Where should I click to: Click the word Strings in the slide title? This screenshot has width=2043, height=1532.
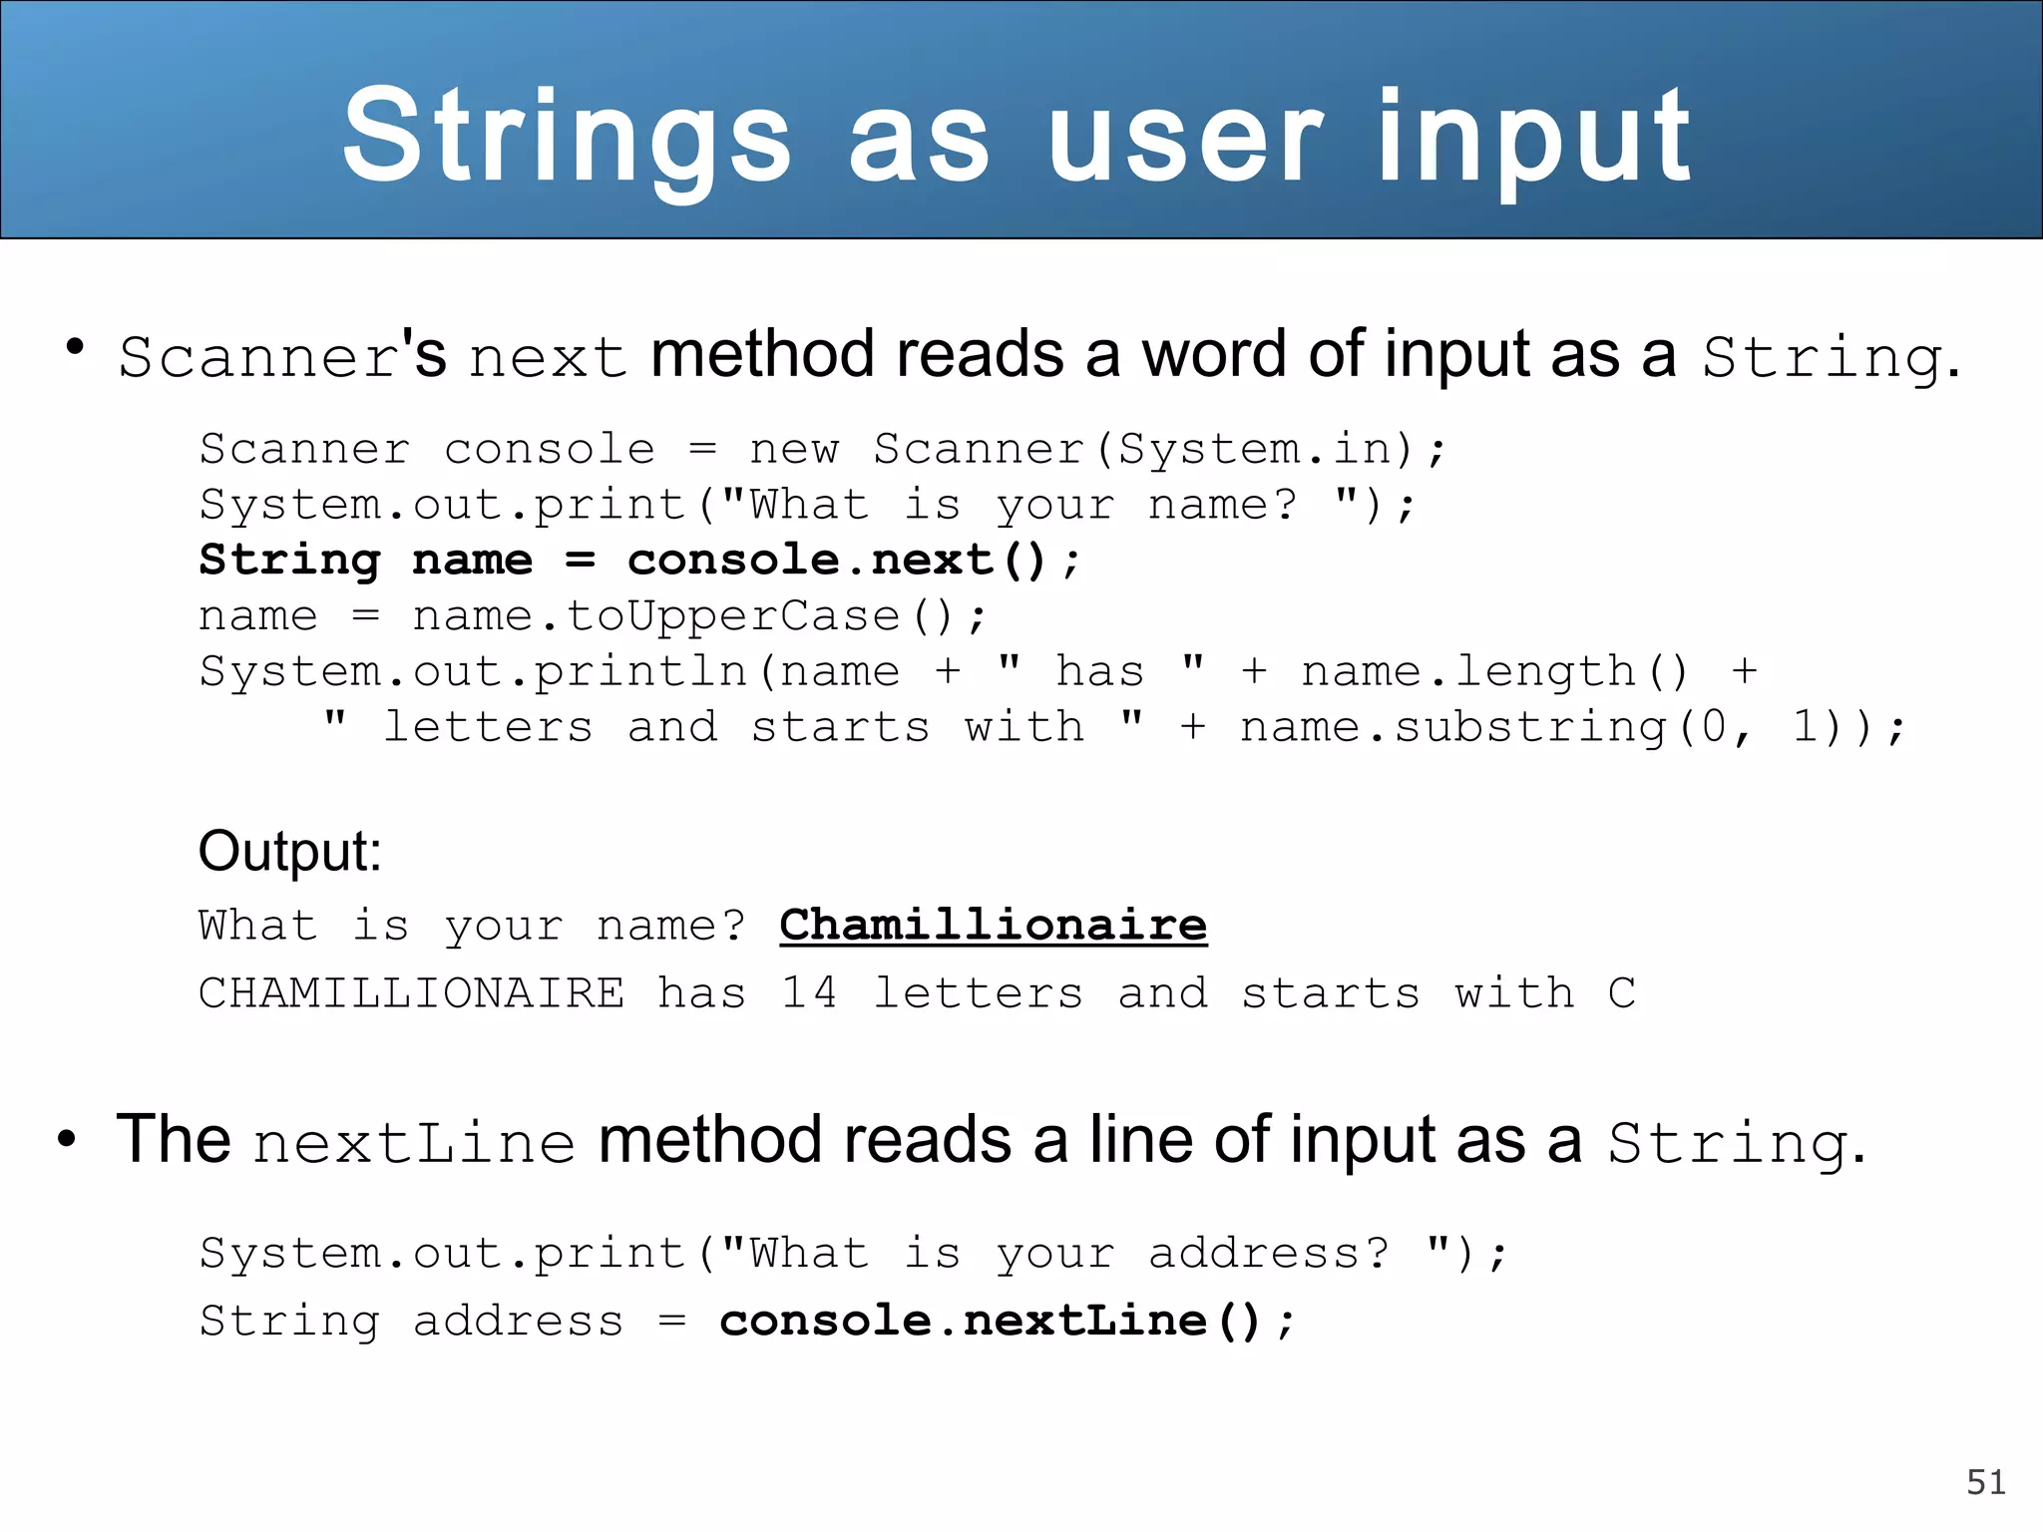(x=567, y=137)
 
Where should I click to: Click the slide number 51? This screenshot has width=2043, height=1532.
(x=1985, y=1482)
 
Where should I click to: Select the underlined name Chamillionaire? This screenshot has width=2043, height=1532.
(x=993, y=925)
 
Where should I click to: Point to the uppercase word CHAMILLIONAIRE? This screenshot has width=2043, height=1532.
(x=412, y=993)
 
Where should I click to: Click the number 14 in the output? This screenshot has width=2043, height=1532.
(x=809, y=993)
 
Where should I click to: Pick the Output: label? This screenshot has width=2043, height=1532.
(x=290, y=852)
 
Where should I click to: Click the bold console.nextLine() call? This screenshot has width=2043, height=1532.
(x=1006, y=1321)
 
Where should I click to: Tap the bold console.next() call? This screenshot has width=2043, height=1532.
(x=838, y=560)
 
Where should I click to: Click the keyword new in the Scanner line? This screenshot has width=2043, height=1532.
(x=794, y=449)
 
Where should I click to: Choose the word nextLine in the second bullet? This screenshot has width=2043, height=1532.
(x=414, y=1143)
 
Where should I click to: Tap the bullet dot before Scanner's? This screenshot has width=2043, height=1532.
(x=74, y=347)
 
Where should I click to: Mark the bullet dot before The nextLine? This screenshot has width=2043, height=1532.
(x=67, y=1138)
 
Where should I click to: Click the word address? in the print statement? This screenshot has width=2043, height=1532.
(x=1269, y=1254)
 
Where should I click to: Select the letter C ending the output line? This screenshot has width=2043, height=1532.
(x=1621, y=993)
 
